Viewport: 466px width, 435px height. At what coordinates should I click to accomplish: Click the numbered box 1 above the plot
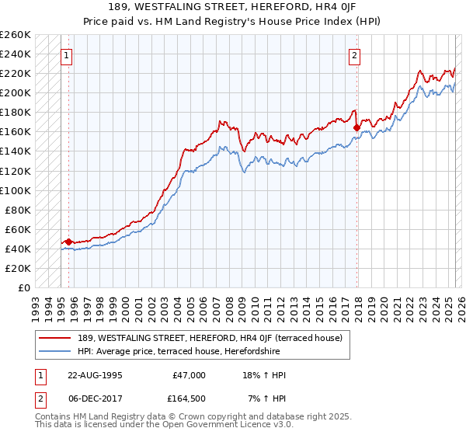tap(66, 55)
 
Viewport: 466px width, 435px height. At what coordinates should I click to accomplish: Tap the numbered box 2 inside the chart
tap(354, 55)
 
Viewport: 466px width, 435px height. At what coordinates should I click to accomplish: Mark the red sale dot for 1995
tap(68, 242)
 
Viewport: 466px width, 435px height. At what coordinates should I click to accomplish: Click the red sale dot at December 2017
tap(356, 127)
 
